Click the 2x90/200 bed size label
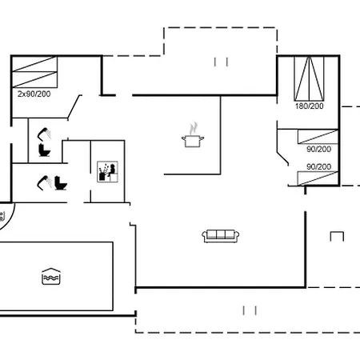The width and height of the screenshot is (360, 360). tap(34, 94)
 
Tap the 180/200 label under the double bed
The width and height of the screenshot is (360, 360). tap(309, 106)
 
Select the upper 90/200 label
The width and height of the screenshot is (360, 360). tap(318, 149)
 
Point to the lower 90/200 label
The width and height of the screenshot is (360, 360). tap(318, 166)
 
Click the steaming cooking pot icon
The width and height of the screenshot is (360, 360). tap(193, 135)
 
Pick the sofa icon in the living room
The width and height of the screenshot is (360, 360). tap(220, 236)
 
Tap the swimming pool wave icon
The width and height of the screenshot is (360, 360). tap(51, 277)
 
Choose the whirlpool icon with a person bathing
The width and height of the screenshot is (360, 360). tap(107, 171)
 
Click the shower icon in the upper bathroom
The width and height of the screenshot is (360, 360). tap(44, 134)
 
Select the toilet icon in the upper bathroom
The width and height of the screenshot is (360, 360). tap(44, 150)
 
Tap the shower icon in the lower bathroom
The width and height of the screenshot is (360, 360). tap(44, 183)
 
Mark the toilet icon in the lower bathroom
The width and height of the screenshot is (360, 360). tap(61, 183)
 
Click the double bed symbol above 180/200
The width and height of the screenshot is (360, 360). tap(309, 78)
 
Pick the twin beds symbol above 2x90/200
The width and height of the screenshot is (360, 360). tap(34, 72)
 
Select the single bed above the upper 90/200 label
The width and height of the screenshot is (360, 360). tap(318, 137)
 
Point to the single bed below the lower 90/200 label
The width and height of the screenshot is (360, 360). tap(318, 178)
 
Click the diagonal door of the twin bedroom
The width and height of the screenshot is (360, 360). tap(74, 107)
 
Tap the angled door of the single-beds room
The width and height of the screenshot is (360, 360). tap(282, 158)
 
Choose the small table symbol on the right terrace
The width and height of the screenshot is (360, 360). tap(337, 237)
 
